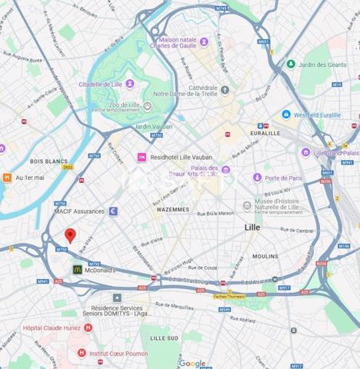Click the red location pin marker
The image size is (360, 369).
click(x=69, y=236)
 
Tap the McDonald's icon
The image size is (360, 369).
click(x=78, y=270)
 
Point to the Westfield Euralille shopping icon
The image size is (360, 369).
click(x=286, y=115)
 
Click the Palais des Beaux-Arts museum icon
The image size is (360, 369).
click(x=225, y=170)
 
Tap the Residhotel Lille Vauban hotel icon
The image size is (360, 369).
click(x=142, y=157)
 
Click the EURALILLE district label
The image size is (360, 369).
click(x=265, y=132)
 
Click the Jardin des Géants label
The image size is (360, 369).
click(x=322, y=65)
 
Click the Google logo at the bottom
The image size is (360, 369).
click(x=192, y=363)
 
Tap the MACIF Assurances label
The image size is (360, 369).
click(x=78, y=211)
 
